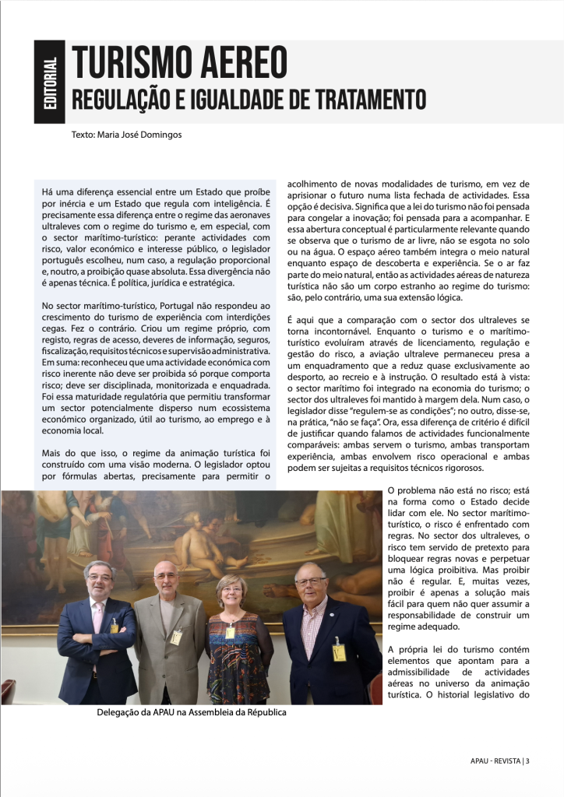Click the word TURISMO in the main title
click(128, 61)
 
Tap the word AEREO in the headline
click(239, 61)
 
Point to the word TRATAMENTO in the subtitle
click(367, 100)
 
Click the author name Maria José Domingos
click(139, 134)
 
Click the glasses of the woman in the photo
click(232, 591)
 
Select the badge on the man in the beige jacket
click(176, 636)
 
